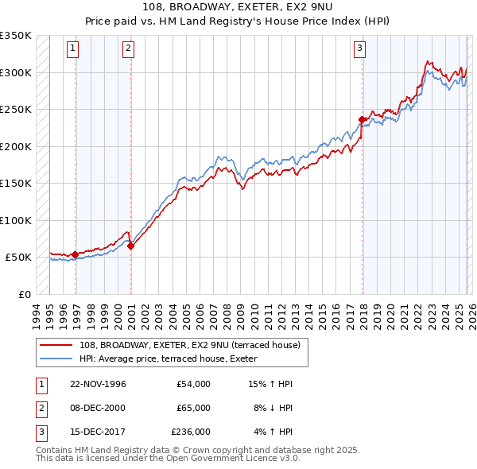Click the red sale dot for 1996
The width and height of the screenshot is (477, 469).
[x=76, y=255]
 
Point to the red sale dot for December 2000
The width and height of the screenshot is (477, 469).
[x=131, y=246]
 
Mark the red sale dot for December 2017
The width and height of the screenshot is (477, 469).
[x=363, y=120]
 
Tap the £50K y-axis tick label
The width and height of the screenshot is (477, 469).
[x=19, y=258]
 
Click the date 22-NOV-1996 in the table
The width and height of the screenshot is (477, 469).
[x=98, y=384]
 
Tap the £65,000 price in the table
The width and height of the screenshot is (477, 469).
[x=191, y=408]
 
